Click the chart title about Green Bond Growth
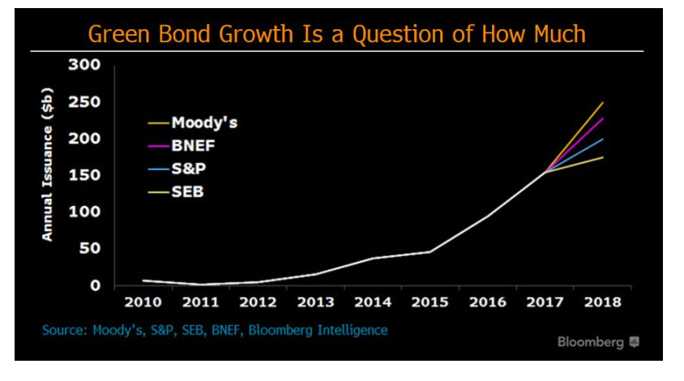(336, 34)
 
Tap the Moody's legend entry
(203, 123)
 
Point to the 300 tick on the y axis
(86, 66)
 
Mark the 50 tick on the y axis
(91, 248)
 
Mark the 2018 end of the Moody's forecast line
(603, 103)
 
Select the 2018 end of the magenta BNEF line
(603, 118)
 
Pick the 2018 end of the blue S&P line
(603, 139)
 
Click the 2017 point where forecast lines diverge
(545, 172)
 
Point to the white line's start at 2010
(143, 280)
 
